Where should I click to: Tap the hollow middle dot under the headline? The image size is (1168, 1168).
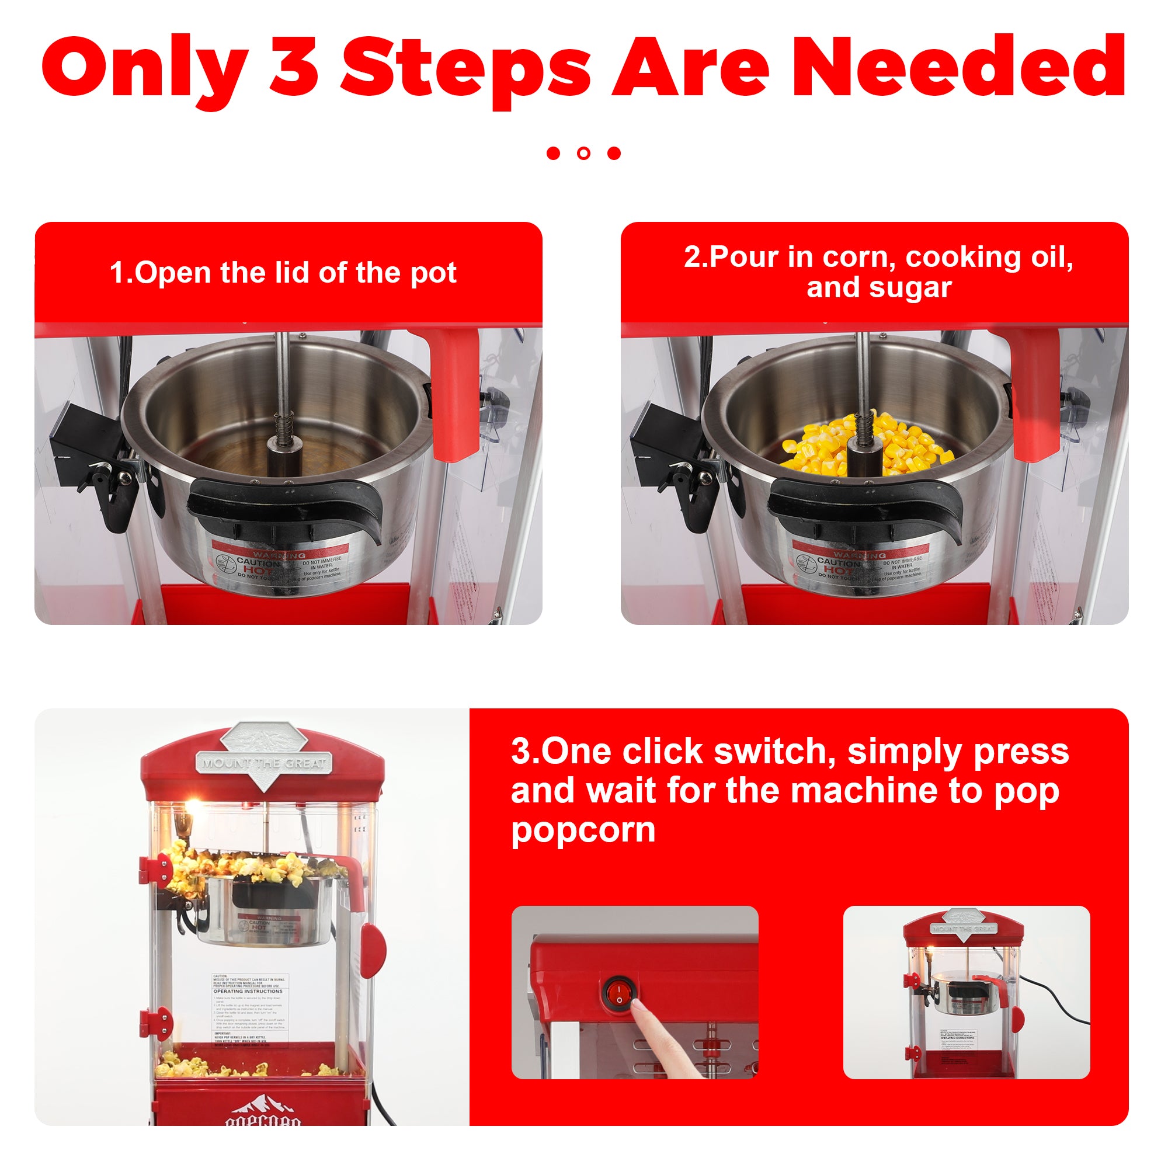tap(583, 153)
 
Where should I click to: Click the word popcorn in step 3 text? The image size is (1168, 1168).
tap(583, 830)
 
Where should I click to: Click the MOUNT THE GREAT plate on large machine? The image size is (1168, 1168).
tap(263, 763)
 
